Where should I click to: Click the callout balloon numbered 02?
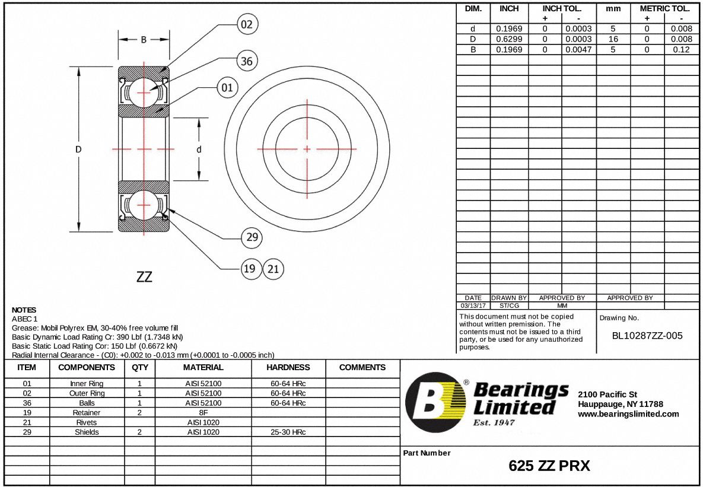click(247, 24)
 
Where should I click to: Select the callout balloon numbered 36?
click(247, 61)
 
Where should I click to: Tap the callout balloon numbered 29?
click(252, 237)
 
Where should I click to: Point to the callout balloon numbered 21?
click(273, 269)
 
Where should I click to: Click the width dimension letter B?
click(144, 40)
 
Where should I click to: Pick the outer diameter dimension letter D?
click(78, 149)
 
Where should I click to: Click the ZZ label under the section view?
click(144, 277)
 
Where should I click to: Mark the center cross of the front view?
click(307, 149)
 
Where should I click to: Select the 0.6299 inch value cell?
click(509, 39)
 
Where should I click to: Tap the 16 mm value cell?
click(613, 39)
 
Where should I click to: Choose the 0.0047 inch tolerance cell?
click(578, 50)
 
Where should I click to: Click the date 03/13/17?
click(473, 305)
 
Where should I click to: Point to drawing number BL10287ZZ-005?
click(647, 336)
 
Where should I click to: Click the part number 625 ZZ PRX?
click(549, 466)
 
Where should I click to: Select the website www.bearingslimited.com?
click(628, 414)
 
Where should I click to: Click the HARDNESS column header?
click(288, 367)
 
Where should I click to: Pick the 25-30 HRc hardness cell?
click(288, 432)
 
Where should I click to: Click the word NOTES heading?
click(24, 310)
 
